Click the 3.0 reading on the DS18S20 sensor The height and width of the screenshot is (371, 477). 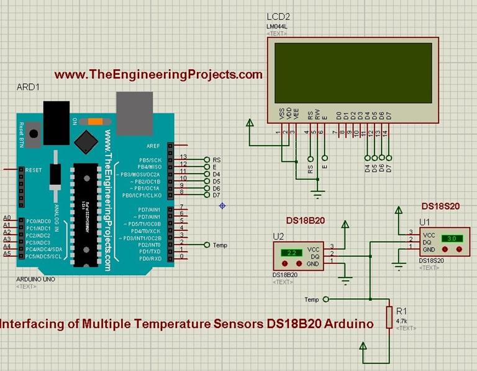(452, 238)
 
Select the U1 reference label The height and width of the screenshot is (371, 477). (424, 221)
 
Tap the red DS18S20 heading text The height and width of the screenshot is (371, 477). (440, 205)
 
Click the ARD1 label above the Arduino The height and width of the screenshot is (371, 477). (28, 88)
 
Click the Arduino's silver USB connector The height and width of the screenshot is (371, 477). (134, 113)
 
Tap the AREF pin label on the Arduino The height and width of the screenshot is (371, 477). (153, 146)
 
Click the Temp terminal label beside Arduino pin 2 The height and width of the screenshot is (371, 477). (220, 245)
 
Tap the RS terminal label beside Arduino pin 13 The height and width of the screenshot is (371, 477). (216, 159)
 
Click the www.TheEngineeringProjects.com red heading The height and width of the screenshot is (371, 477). (158, 75)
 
